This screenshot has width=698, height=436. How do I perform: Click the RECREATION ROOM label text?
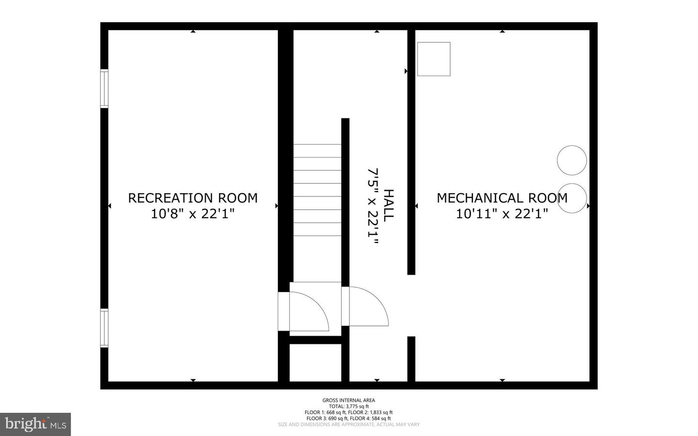(x=192, y=198)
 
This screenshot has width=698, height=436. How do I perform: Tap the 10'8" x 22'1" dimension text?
(x=192, y=214)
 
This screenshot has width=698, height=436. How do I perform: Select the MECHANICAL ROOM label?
(x=502, y=198)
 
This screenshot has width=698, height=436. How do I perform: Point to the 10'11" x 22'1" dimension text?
(x=502, y=214)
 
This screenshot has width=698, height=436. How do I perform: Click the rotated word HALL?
(x=389, y=206)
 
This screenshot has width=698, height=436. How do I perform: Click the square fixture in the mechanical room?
(x=433, y=59)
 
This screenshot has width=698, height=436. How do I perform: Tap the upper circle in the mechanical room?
(x=572, y=160)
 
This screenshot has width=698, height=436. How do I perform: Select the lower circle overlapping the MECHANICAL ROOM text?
(x=572, y=198)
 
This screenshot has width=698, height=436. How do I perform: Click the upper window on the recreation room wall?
(x=104, y=88)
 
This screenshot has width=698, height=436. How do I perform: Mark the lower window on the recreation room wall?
(x=104, y=328)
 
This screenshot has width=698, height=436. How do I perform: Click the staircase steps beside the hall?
(x=317, y=190)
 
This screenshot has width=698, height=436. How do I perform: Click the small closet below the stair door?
(x=316, y=362)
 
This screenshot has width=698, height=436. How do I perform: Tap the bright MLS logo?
(x=35, y=424)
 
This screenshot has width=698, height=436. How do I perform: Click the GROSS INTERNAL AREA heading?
(x=349, y=400)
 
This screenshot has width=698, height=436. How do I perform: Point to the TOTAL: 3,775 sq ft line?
(x=349, y=406)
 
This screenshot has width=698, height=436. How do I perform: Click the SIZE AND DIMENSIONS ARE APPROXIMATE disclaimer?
(x=349, y=424)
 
